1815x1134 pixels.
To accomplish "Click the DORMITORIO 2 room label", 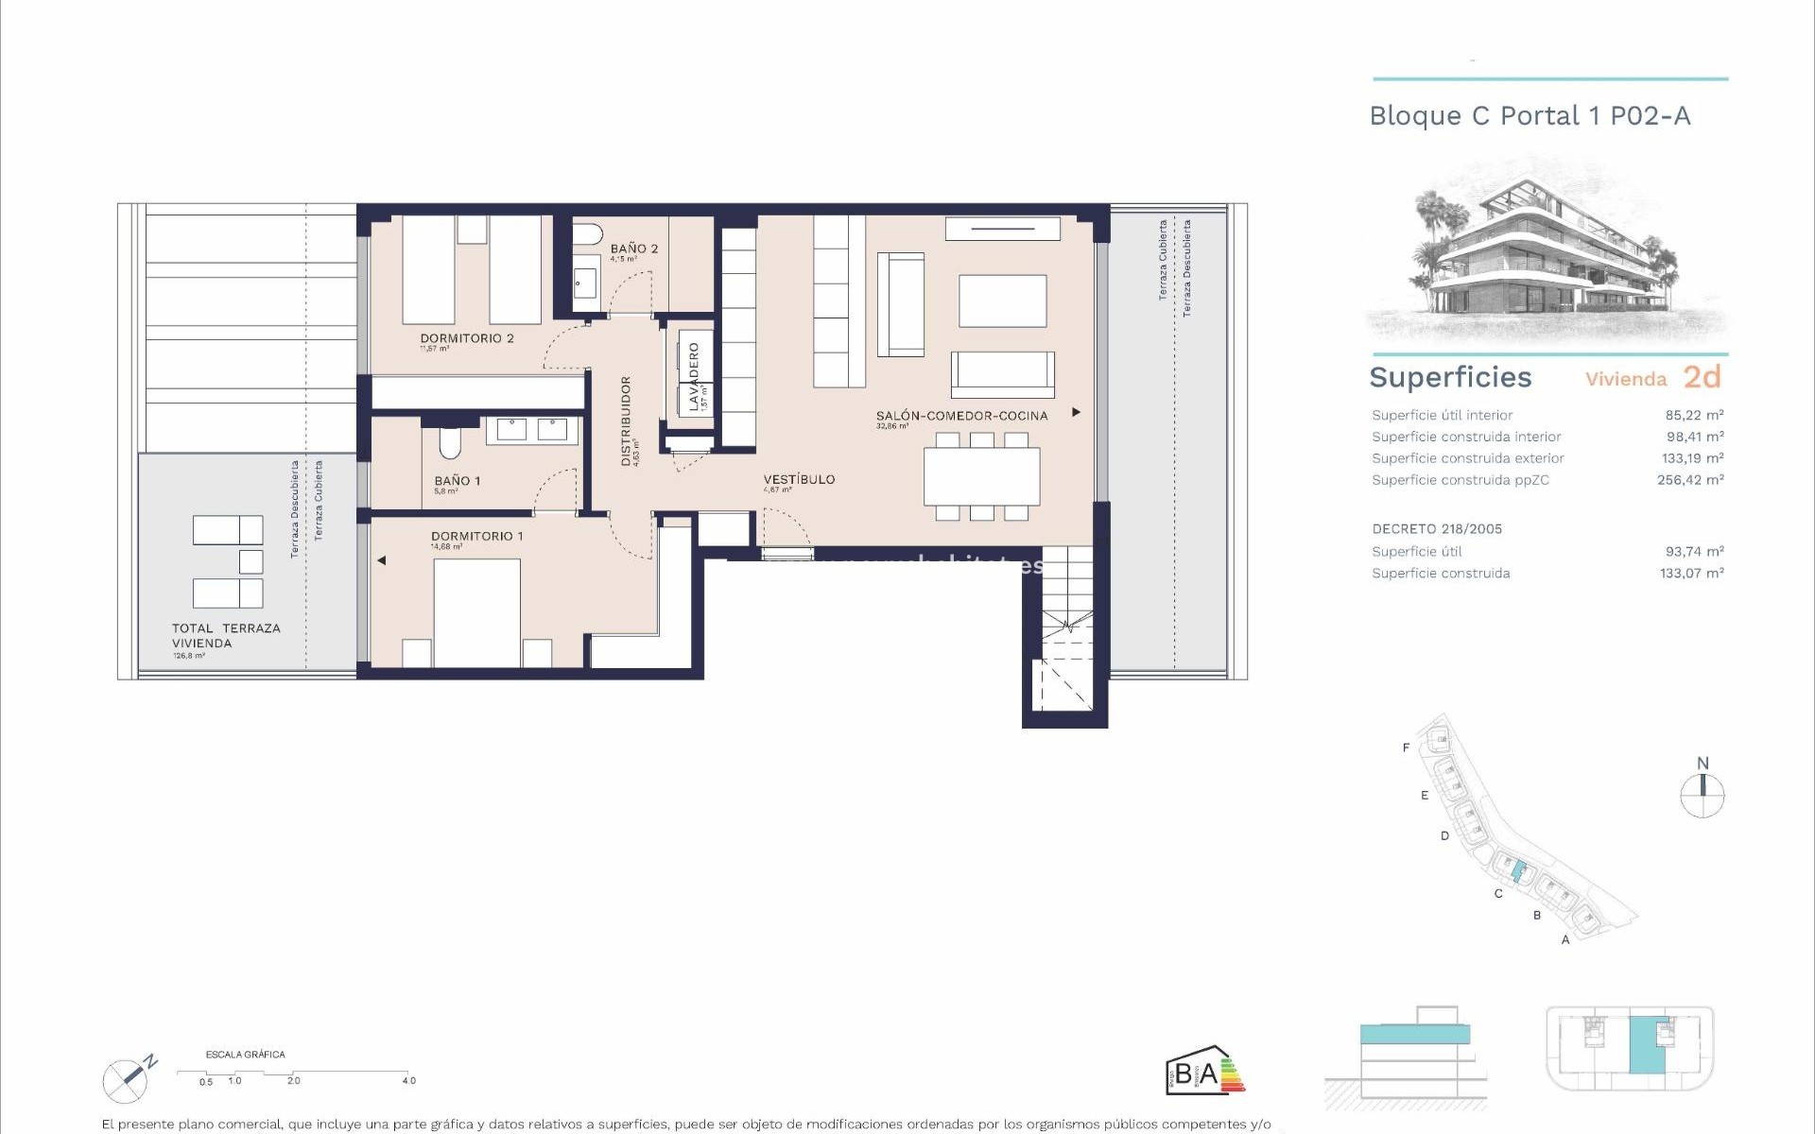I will coord(467,338).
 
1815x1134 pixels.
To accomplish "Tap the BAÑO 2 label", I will coord(633,249).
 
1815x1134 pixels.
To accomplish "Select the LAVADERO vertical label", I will coord(694,376).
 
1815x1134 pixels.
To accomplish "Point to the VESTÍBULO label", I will coord(799,479).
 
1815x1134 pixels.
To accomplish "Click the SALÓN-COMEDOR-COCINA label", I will coord(961,416).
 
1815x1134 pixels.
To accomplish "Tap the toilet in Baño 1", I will coord(450,443).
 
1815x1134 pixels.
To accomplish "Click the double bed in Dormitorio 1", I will coord(477,611).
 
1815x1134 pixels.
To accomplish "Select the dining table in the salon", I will coord(981,476).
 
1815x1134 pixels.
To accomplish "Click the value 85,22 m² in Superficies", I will coord(1694,415).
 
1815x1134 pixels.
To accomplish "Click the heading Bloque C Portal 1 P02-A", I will coord(1530,116).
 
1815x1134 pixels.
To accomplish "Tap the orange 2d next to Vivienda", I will coord(1702,377).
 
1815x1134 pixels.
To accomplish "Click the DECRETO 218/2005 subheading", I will coord(1437,529).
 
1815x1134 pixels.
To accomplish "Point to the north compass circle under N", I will coord(1703,796).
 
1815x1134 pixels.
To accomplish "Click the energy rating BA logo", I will coord(1204,1072).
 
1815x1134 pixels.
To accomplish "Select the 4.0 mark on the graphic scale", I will coord(408,1080).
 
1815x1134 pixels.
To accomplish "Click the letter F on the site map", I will coord(1406,747).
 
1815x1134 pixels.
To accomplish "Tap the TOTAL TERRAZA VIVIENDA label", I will coord(225,635).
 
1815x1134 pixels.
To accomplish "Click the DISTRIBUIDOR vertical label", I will coord(626,421).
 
